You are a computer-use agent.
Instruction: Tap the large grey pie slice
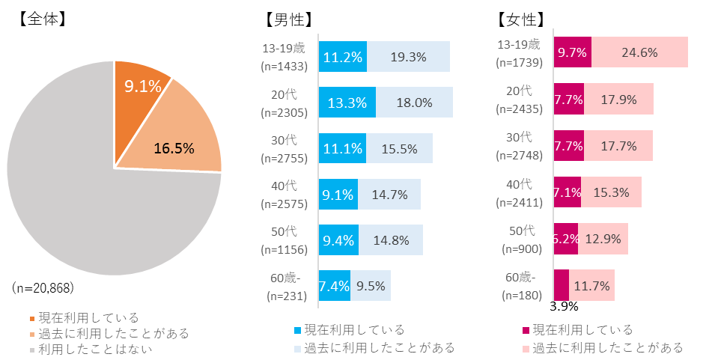pos(97,225)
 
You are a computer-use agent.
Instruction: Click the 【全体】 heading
pos(40,19)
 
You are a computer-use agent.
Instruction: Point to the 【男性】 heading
pos(288,20)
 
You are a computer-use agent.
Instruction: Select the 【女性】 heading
pos(520,20)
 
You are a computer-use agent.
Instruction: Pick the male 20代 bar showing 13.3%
pos(347,103)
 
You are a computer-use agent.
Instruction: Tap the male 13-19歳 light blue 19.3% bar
pos(408,57)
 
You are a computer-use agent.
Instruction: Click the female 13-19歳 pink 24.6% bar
pos(639,52)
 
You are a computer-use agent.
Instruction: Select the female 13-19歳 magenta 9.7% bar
pos(572,52)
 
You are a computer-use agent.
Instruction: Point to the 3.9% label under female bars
pos(563,306)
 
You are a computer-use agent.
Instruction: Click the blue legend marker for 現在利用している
pos(299,330)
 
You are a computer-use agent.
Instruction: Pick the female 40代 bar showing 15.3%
pos(611,192)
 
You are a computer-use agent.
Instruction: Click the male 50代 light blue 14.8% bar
pos(390,240)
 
